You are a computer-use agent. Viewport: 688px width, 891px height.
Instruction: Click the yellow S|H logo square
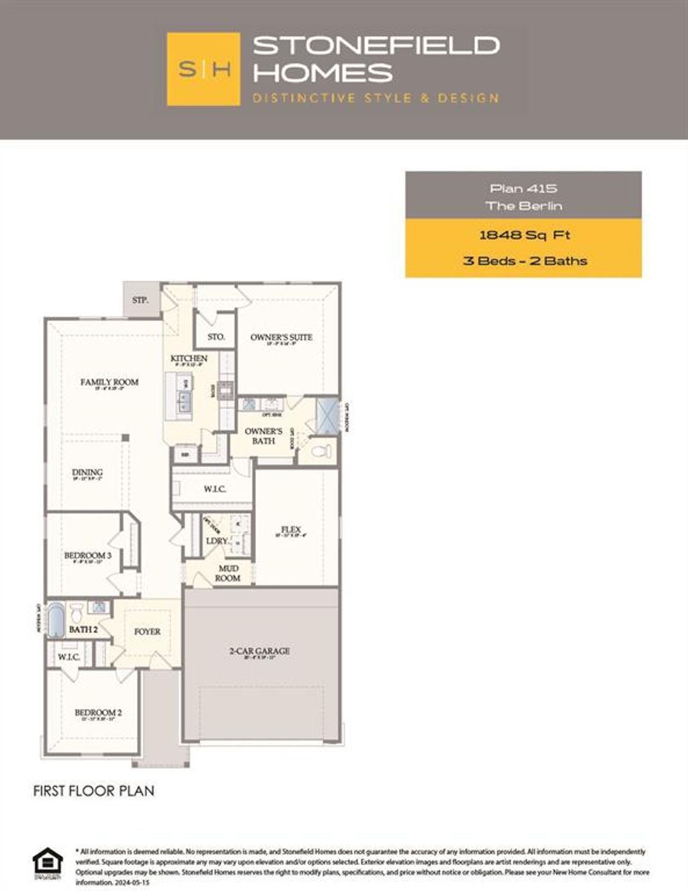pyautogui.click(x=203, y=69)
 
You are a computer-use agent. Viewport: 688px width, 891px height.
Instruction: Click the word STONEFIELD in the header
pyautogui.click(x=376, y=46)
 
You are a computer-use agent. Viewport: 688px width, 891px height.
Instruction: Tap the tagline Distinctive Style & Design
pyautogui.click(x=376, y=98)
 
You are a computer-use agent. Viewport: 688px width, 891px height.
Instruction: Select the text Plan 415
pyautogui.click(x=523, y=189)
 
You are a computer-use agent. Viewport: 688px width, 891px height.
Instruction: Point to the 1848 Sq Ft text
pyautogui.click(x=524, y=235)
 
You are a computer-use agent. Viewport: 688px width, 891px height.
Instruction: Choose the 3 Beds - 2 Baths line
pyautogui.click(x=524, y=261)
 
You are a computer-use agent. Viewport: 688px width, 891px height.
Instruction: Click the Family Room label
pyautogui.click(x=110, y=382)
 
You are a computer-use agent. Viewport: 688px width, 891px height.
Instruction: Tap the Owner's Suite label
pyautogui.click(x=281, y=337)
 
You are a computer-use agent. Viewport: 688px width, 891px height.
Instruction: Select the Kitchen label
pyautogui.click(x=189, y=359)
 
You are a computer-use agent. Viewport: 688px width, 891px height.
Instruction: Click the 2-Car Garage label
pyautogui.click(x=259, y=651)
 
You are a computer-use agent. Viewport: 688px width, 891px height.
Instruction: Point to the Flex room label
pyautogui.click(x=291, y=529)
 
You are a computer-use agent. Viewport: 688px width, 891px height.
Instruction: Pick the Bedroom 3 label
pyautogui.click(x=87, y=556)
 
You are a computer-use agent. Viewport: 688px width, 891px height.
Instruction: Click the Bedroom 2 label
pyautogui.click(x=98, y=713)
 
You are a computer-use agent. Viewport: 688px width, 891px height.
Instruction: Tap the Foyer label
pyautogui.click(x=147, y=632)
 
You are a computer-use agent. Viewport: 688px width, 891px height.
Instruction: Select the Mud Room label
pyautogui.click(x=228, y=573)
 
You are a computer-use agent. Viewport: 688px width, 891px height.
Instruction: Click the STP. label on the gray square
pyautogui.click(x=140, y=300)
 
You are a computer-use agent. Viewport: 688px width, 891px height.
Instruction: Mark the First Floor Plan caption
pyautogui.click(x=93, y=791)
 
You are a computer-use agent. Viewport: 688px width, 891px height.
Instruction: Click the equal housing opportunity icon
pyautogui.click(x=47, y=863)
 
